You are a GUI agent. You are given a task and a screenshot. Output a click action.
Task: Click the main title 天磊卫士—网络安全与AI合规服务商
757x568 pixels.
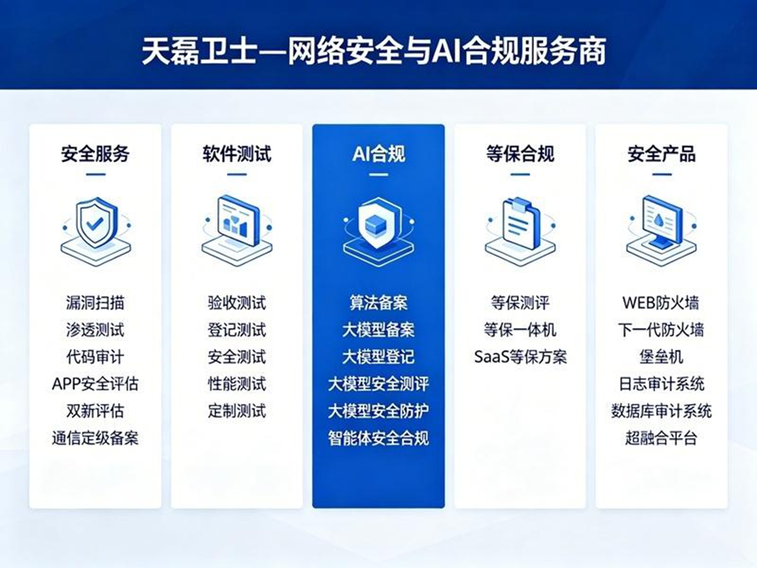click(374, 51)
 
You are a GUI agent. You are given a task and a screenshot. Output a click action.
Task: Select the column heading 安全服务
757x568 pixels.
click(95, 154)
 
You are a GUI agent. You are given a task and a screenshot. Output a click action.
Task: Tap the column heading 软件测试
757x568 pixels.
click(237, 154)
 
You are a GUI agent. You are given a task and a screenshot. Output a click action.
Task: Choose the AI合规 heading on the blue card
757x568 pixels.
click(379, 154)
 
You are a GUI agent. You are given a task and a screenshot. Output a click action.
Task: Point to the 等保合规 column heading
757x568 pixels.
click(520, 154)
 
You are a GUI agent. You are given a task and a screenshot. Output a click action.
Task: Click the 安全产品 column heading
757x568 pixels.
click(662, 154)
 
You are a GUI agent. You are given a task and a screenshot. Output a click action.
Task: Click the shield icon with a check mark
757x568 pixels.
click(96, 231)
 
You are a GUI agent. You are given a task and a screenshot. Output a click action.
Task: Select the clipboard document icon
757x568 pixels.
click(520, 231)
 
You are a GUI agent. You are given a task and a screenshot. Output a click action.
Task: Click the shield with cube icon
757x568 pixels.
click(379, 231)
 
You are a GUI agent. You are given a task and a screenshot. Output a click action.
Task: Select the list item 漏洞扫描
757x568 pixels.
click(95, 303)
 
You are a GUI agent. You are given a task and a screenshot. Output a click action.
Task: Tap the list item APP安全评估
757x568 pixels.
click(95, 384)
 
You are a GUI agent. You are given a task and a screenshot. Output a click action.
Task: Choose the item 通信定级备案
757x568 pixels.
click(95, 438)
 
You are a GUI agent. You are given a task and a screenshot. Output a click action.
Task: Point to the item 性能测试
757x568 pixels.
click(237, 384)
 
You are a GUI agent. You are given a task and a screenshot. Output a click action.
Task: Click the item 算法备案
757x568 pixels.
click(379, 303)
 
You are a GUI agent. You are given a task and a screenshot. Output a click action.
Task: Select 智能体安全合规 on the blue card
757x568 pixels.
click(379, 438)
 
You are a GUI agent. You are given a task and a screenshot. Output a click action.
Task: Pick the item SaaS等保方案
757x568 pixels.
click(520, 357)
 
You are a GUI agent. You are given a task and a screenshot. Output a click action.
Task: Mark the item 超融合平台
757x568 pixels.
click(661, 438)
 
